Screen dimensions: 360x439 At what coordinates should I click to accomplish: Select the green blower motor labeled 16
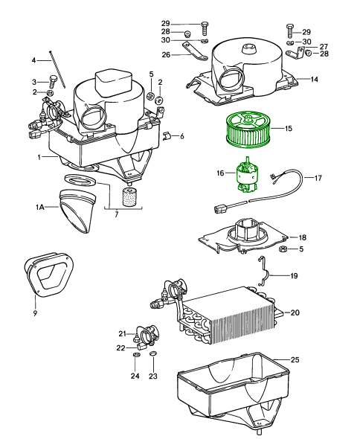click(x=247, y=176)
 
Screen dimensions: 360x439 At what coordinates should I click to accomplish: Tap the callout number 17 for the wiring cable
click(x=318, y=178)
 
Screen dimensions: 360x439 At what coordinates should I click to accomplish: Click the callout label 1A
click(x=39, y=207)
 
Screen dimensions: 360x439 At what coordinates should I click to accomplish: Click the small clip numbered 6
click(x=167, y=135)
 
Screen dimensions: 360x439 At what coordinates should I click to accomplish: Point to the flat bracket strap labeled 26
click(x=196, y=51)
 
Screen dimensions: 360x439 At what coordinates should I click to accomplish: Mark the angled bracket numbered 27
click(x=295, y=53)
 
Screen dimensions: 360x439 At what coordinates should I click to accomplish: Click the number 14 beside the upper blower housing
click(x=314, y=80)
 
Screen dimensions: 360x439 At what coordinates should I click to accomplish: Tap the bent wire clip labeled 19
click(x=265, y=271)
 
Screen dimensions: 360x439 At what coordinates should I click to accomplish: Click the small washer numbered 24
click(x=135, y=356)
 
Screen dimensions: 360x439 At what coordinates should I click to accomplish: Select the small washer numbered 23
click(x=153, y=353)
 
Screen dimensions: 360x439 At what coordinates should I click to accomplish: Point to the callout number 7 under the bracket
click(x=117, y=214)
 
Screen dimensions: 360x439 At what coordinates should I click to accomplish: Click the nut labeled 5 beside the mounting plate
click(x=283, y=249)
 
